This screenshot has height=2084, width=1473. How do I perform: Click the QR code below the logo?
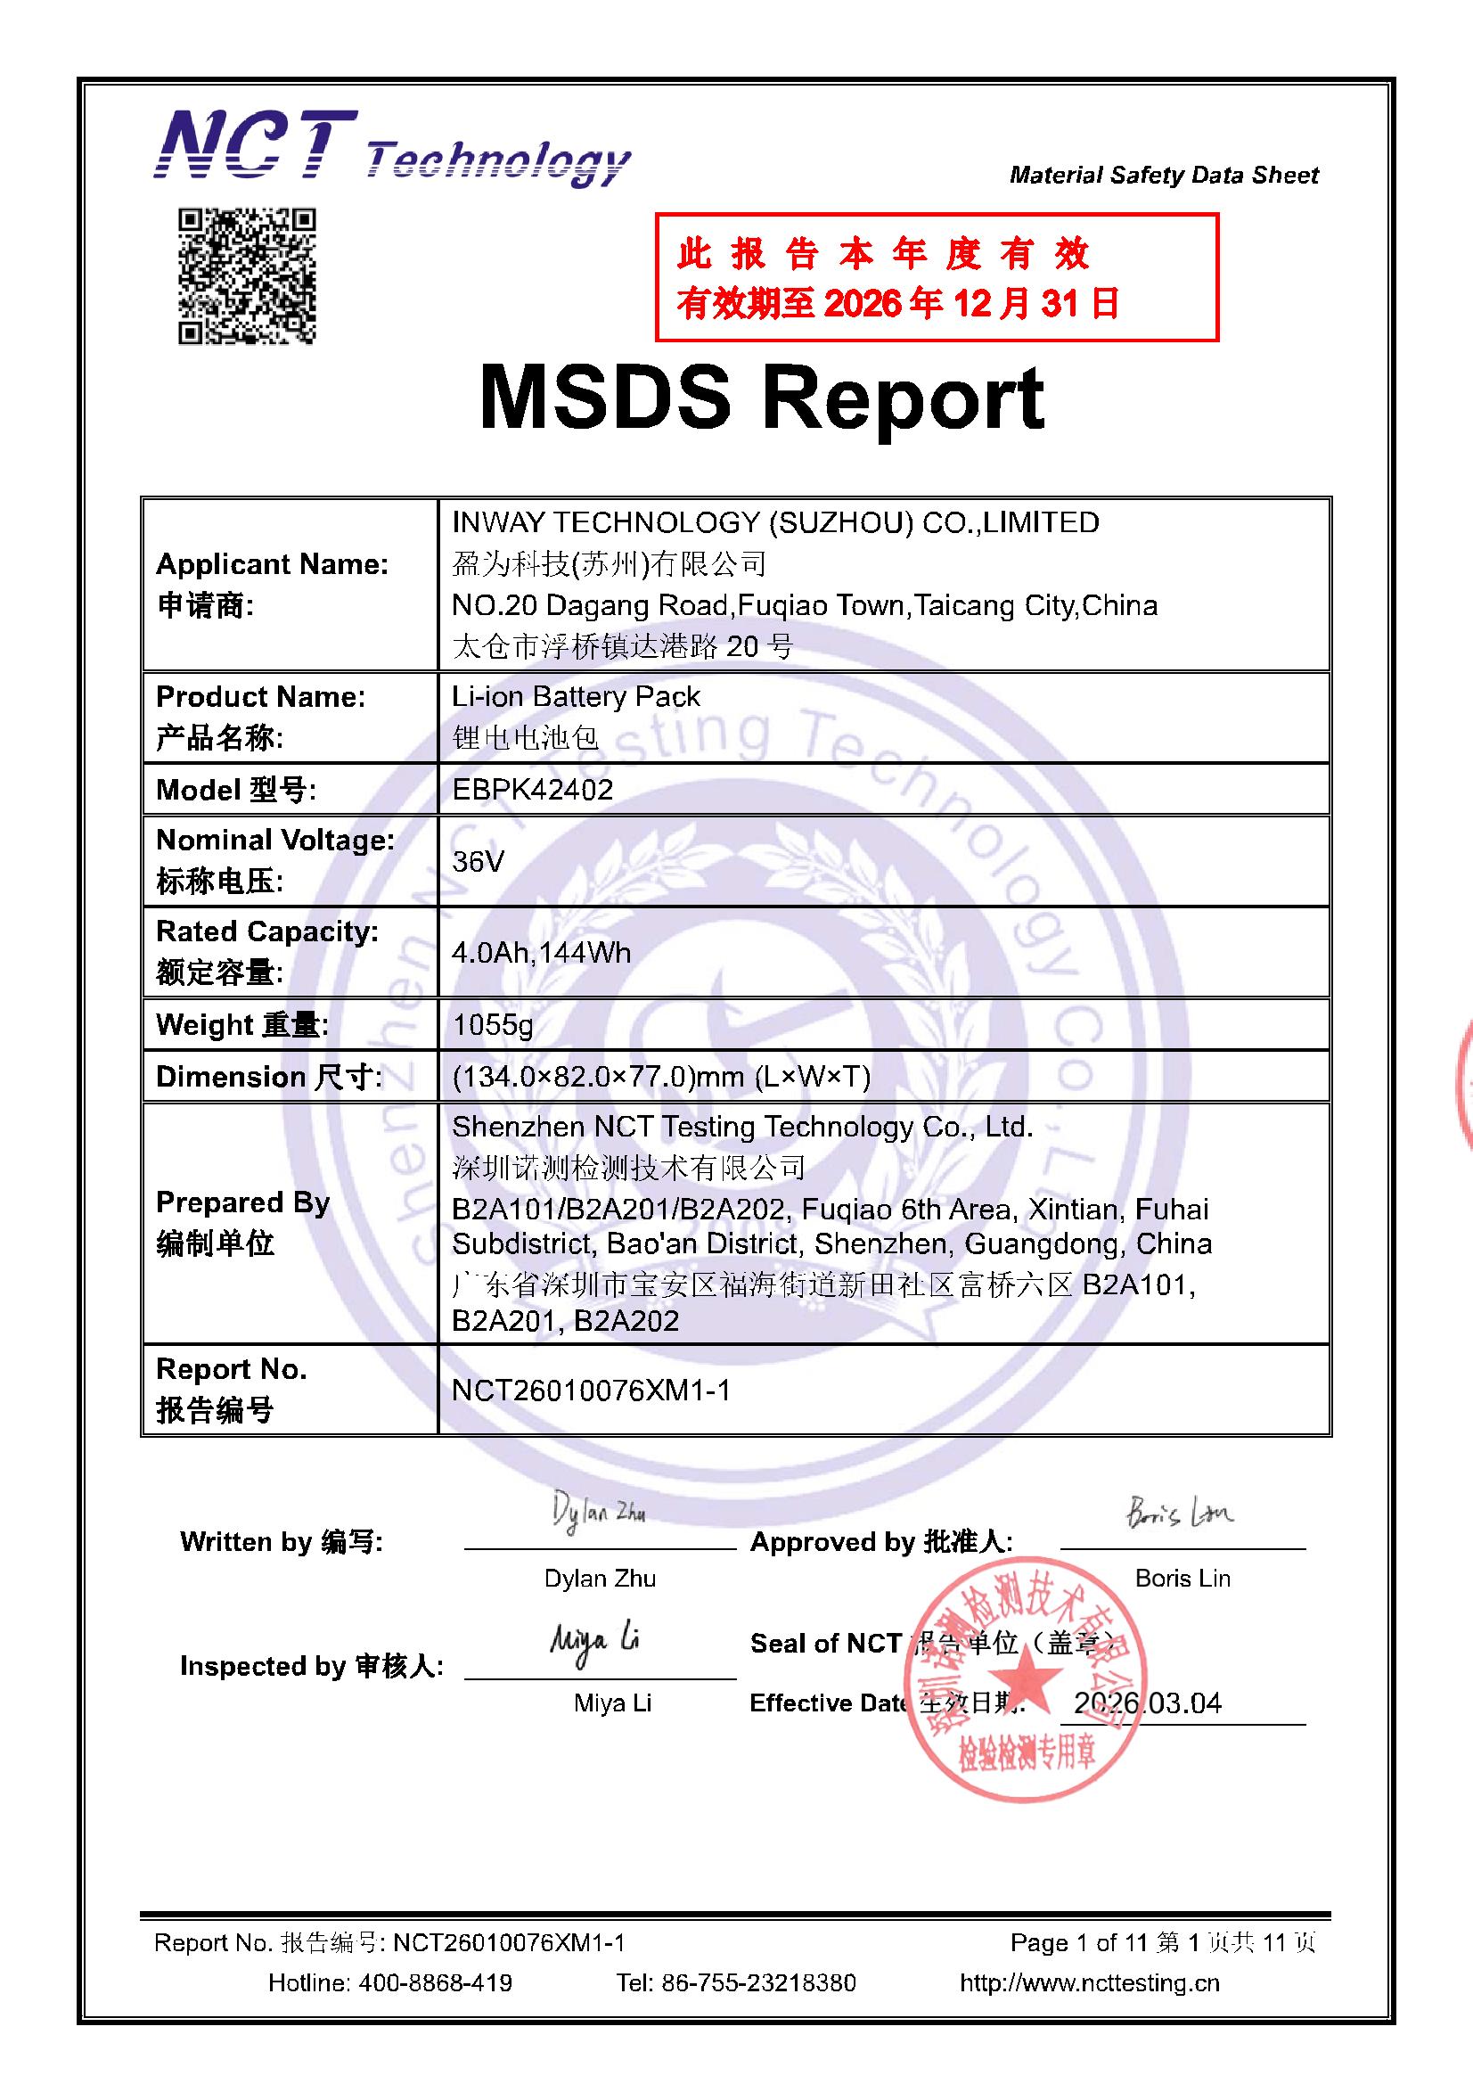pyautogui.click(x=246, y=276)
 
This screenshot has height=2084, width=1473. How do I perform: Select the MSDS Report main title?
pyautogui.click(x=762, y=398)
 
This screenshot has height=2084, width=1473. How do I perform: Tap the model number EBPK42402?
pyautogui.click(x=533, y=790)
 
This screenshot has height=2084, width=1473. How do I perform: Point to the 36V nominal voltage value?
pyautogui.click(x=478, y=860)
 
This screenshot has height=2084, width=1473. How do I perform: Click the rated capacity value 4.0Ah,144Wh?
pyautogui.click(x=541, y=952)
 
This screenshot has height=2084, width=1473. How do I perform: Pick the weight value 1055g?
pyautogui.click(x=493, y=1025)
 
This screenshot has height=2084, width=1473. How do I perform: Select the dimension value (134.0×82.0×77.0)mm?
pyautogui.click(x=660, y=1077)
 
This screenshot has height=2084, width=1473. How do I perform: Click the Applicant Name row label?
pyautogui.click(x=273, y=564)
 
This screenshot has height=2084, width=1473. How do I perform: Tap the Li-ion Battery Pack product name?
pyautogui.click(x=576, y=696)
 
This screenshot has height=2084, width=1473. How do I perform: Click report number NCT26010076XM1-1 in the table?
pyautogui.click(x=591, y=1391)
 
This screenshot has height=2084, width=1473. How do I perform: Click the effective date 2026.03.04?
pyautogui.click(x=1147, y=1702)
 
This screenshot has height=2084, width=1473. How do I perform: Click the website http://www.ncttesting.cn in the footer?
pyautogui.click(x=1089, y=1982)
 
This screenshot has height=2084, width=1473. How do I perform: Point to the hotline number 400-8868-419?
pyautogui.click(x=435, y=1982)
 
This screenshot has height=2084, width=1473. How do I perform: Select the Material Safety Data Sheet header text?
pyautogui.click(x=1164, y=176)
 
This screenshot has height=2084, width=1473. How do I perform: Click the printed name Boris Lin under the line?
pyautogui.click(x=1182, y=1579)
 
